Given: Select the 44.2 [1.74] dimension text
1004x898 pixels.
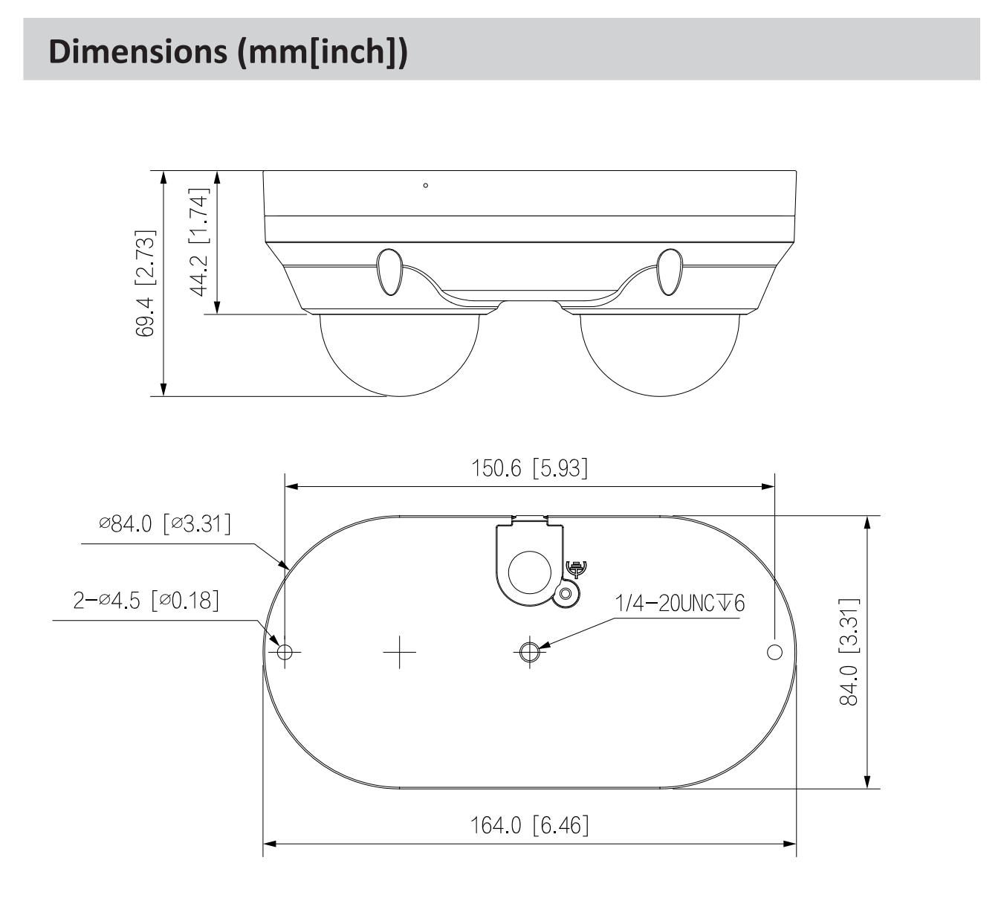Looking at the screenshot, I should tap(199, 242).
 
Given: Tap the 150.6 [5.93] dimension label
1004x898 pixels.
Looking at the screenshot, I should tap(530, 468).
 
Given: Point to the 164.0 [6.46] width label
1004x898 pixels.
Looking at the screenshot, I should tap(530, 826).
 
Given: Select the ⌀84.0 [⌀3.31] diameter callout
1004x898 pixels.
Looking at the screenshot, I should tap(165, 524).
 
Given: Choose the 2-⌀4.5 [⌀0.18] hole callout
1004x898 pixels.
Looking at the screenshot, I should tap(146, 601).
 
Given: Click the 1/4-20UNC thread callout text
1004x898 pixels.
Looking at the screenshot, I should tap(679, 603).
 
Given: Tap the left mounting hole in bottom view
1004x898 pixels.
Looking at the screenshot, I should tap(284, 652).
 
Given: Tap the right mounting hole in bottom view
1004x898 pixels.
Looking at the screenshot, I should tap(774, 652).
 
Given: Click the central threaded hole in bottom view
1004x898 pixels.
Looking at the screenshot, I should tap(529, 652).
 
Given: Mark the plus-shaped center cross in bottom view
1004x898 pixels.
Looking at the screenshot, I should tap(400, 652).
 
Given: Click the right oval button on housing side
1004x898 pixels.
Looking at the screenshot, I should tap(669, 271).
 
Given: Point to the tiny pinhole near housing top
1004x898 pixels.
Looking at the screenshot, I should tap(425, 185).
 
